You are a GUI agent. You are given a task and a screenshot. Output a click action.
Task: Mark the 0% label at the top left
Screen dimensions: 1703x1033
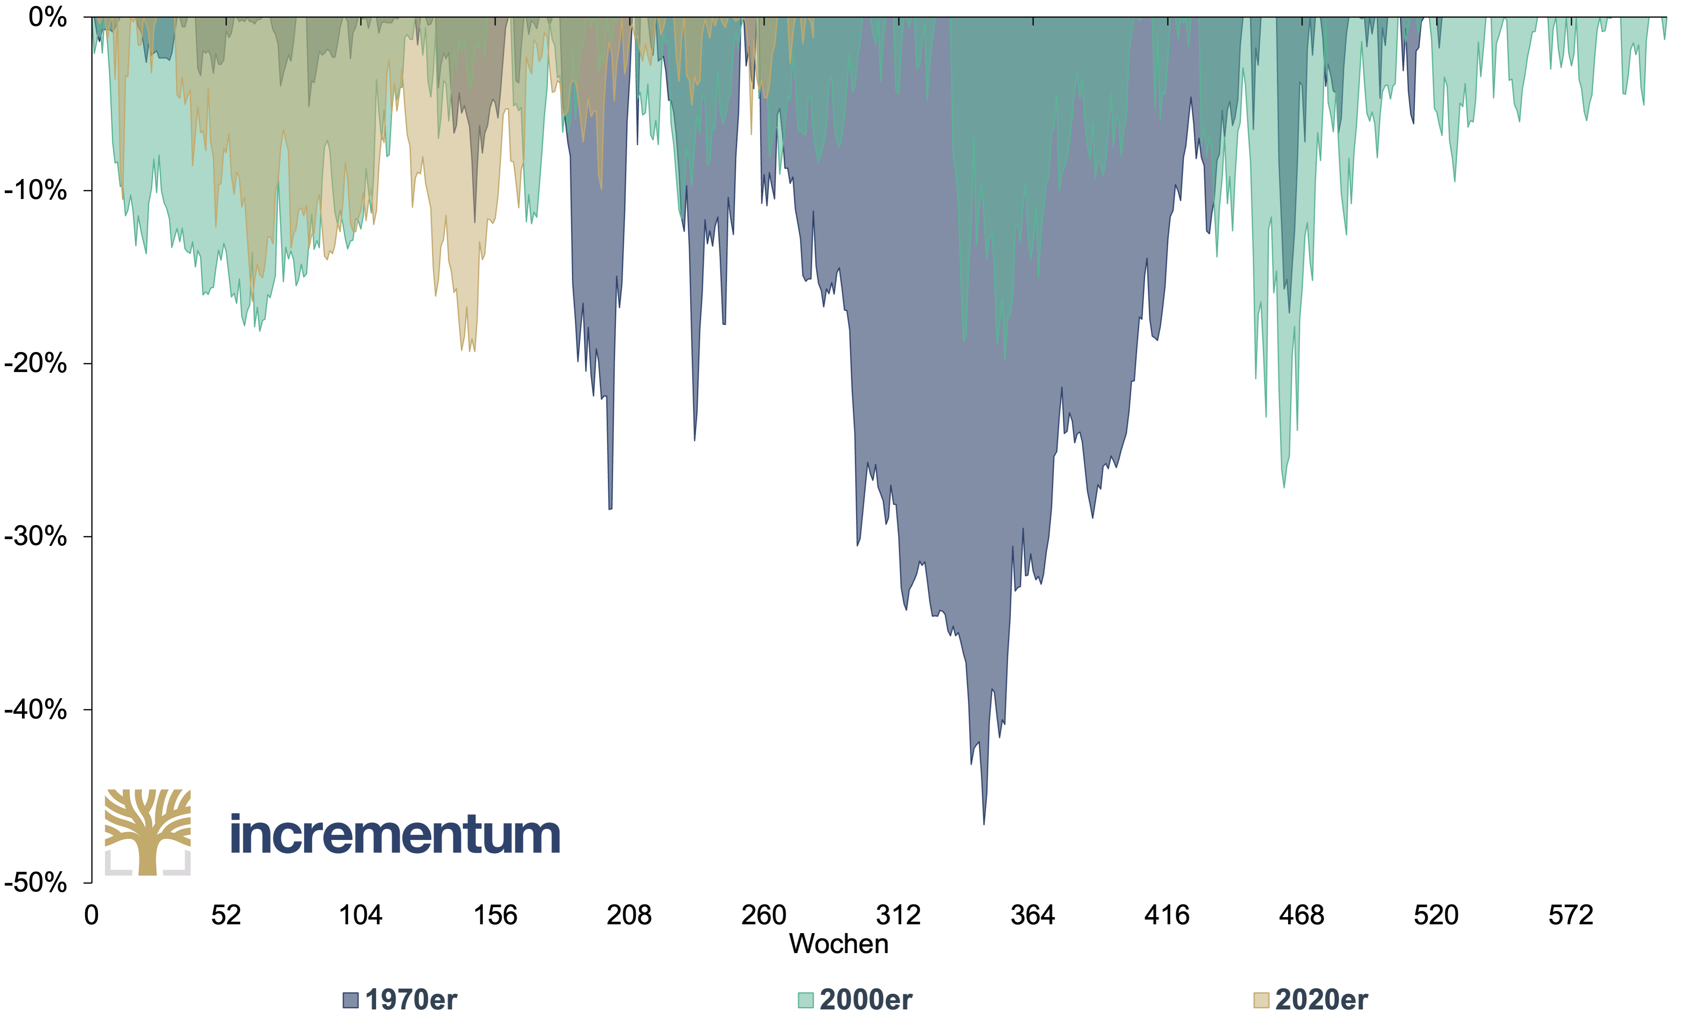coord(48,17)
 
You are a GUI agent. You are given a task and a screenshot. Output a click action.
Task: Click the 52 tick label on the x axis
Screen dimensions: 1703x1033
coord(226,916)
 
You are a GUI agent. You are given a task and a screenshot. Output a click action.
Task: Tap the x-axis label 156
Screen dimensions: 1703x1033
coord(495,916)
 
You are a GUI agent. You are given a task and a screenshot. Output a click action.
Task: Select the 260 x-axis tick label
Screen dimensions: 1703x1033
coord(764,916)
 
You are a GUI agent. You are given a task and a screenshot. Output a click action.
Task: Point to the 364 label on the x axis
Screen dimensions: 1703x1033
coord(1033,916)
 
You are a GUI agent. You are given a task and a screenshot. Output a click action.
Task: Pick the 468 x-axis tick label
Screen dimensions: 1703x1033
coord(1301,916)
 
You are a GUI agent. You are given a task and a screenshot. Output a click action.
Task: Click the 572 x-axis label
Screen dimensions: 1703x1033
coord(1570,916)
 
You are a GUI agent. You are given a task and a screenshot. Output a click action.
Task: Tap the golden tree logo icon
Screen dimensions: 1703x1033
coord(148,832)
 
